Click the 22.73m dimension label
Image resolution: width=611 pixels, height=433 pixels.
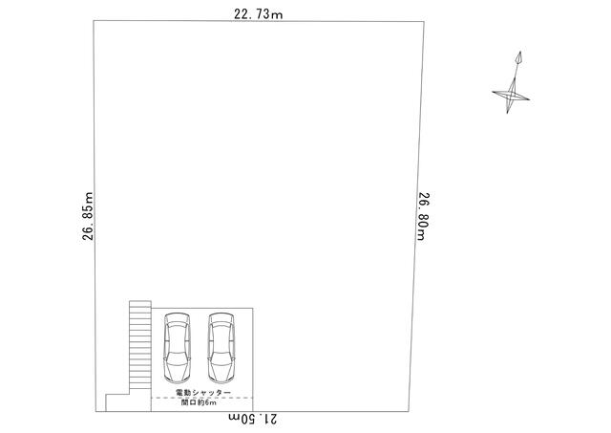tap(259, 14)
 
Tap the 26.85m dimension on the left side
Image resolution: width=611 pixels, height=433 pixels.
tap(88, 216)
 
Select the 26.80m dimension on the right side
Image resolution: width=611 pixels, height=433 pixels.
tap(424, 216)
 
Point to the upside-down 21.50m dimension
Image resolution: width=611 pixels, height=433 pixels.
tap(253, 419)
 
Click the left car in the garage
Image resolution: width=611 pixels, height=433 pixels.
tap(178, 348)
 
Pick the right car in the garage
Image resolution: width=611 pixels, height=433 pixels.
tap(221, 348)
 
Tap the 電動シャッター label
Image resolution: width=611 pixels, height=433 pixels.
tap(203, 392)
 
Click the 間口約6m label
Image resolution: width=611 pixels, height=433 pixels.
tap(199, 402)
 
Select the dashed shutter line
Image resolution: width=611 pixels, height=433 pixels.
tap(201, 398)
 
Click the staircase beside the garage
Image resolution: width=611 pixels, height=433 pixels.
tap(140, 345)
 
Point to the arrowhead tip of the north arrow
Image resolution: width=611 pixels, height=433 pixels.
tap(520, 52)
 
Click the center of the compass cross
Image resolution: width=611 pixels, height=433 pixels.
tap(511, 96)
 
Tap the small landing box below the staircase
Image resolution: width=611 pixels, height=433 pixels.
tap(117, 402)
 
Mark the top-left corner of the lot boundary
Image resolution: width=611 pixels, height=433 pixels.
tap(94, 21)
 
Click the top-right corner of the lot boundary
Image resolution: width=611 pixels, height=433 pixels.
tap(424, 22)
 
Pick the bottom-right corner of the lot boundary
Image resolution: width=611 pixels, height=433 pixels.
tap(409, 412)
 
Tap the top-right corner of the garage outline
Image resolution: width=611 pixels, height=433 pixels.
tap(253, 309)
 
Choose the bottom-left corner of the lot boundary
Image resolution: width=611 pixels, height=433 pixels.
tap(95, 412)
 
